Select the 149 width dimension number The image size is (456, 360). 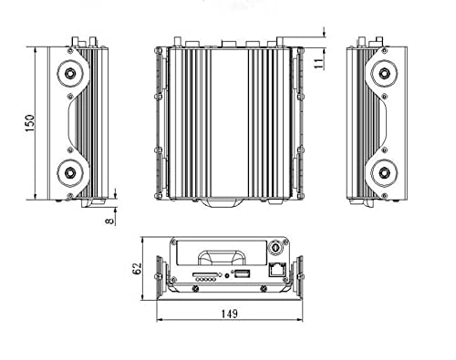pos(229,314)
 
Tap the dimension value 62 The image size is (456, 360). pos(137,269)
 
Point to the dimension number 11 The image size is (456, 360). pos(317,62)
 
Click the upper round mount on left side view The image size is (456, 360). pos(69,74)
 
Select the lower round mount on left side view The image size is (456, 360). pos(69,170)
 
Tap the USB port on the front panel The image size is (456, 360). pos(242,273)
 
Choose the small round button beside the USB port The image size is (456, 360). pos(225,273)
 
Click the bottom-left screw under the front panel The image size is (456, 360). pos(193,287)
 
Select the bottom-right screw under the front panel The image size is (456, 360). pos(268,287)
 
